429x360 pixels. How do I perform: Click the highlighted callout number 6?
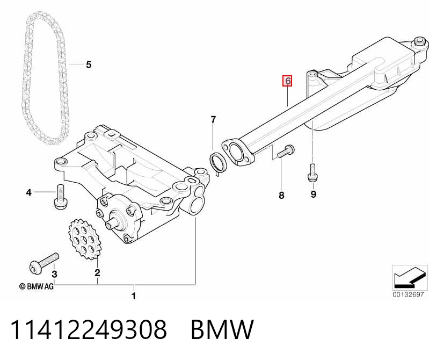coord(288,81)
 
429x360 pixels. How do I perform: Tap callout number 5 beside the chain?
coord(89,65)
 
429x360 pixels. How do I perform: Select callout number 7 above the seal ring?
coord(213,120)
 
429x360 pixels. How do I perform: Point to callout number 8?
coord(281,196)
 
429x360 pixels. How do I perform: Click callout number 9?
coord(314,194)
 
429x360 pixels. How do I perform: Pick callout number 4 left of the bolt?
coord(29,193)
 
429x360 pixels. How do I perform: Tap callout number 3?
coord(54,274)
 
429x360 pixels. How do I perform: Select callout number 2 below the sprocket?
coord(97,272)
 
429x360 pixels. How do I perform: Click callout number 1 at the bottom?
coord(134,296)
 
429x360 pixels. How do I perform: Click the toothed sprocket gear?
coord(84,239)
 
